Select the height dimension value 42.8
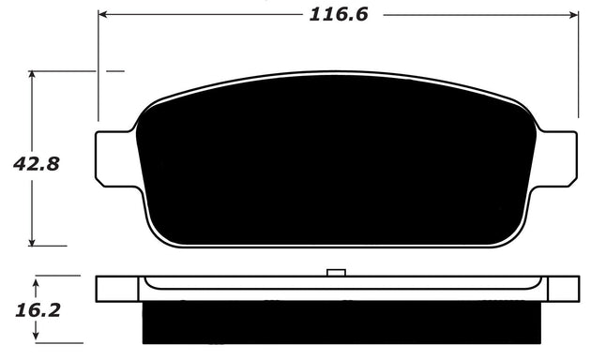[x=36, y=163]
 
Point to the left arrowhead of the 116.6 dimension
[x=103, y=15]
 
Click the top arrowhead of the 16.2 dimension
[x=36, y=280]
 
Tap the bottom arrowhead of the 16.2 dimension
[x=36, y=337]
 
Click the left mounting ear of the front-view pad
[x=115, y=158]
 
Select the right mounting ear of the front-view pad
[x=556, y=158]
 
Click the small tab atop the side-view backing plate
[x=336, y=273]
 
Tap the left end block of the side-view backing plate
[x=118, y=289]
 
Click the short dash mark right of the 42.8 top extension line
[x=114, y=70]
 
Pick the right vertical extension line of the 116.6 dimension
[x=577, y=66]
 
